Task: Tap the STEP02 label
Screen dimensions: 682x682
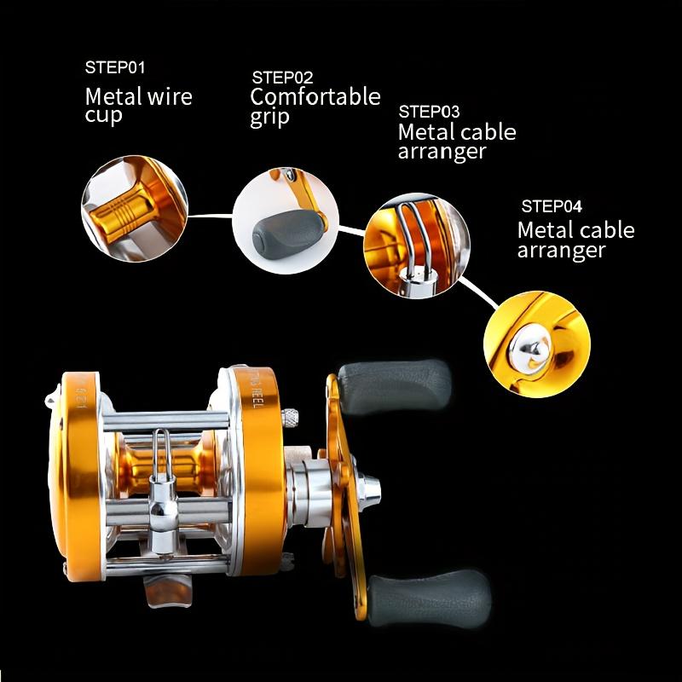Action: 281,78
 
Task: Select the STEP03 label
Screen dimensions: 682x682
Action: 429,112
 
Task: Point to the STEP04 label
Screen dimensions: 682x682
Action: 551,205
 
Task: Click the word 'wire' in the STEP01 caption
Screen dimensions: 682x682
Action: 170,95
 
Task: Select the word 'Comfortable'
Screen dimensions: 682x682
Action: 315,96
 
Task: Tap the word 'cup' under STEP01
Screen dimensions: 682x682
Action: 103,115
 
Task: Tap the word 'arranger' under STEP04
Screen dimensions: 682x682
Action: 561,251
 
